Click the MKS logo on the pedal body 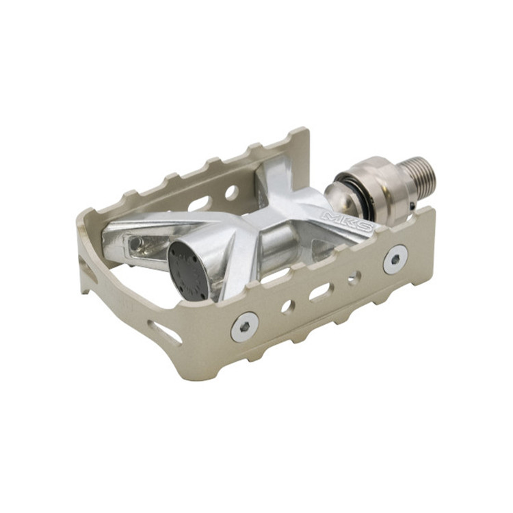[347, 221]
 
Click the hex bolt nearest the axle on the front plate [396, 259]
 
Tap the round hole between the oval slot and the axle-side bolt [354, 278]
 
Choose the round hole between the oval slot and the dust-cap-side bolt [288, 308]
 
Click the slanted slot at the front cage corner [164, 332]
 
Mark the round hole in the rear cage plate [231, 193]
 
